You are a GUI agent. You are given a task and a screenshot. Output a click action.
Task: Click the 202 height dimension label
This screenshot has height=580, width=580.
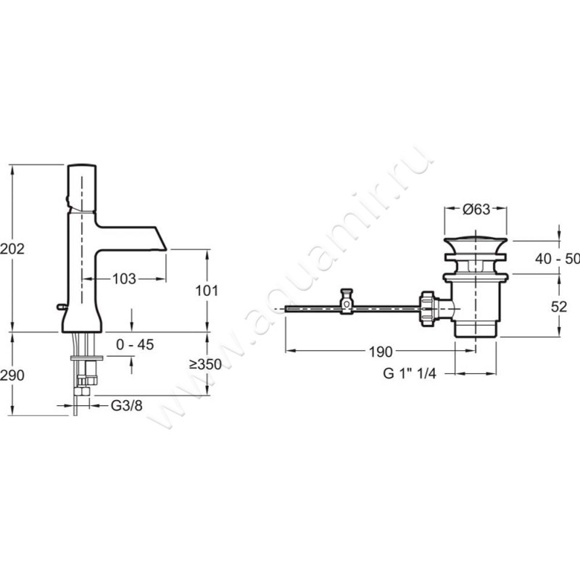click(x=12, y=249)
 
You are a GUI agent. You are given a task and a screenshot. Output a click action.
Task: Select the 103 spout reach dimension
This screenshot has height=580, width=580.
click(x=124, y=279)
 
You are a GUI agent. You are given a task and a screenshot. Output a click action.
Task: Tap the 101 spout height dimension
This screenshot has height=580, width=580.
click(x=207, y=291)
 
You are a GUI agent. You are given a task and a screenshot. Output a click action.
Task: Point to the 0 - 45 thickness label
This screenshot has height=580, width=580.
click(x=135, y=345)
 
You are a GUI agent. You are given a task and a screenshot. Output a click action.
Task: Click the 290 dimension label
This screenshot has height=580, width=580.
click(x=12, y=376)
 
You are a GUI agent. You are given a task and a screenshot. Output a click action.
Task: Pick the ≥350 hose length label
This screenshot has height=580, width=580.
click(x=205, y=365)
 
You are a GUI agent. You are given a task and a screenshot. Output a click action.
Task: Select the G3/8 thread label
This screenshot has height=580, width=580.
click(x=126, y=406)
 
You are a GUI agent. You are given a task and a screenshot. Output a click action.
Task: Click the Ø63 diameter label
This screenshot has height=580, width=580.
click(x=476, y=210)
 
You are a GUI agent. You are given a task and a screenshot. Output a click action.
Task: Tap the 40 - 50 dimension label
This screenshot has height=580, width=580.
click(x=558, y=259)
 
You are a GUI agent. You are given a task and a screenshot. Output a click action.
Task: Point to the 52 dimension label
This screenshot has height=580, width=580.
click(x=559, y=307)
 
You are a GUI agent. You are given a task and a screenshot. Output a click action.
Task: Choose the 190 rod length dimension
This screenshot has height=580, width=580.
click(x=381, y=352)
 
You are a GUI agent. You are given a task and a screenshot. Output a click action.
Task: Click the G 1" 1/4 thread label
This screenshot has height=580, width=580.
click(x=410, y=373)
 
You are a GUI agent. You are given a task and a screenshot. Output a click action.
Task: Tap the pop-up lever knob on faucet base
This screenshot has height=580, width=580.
click(x=61, y=306)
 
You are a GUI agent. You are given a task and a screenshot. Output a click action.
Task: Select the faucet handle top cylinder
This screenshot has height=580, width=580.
click(x=82, y=188)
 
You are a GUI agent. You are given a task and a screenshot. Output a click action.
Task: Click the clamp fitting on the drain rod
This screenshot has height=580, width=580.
click(x=347, y=301)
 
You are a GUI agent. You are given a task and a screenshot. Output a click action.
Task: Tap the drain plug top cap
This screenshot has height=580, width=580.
click(x=476, y=246)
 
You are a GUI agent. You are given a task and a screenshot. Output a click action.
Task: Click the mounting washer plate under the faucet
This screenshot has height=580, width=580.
click(x=87, y=357)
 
